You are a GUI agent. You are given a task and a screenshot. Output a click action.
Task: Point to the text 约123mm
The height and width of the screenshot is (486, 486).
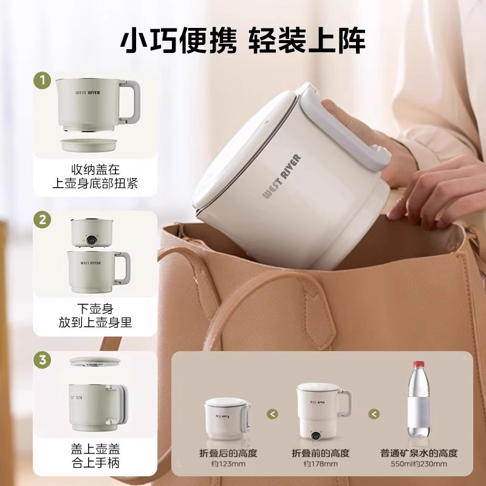pyautogui.click(x=228, y=464)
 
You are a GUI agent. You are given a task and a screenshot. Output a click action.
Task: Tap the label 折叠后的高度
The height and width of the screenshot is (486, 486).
pyautogui.click(x=228, y=453)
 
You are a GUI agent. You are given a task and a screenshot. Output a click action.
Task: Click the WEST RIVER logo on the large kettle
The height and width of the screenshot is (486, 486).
pyautogui.click(x=281, y=176)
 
